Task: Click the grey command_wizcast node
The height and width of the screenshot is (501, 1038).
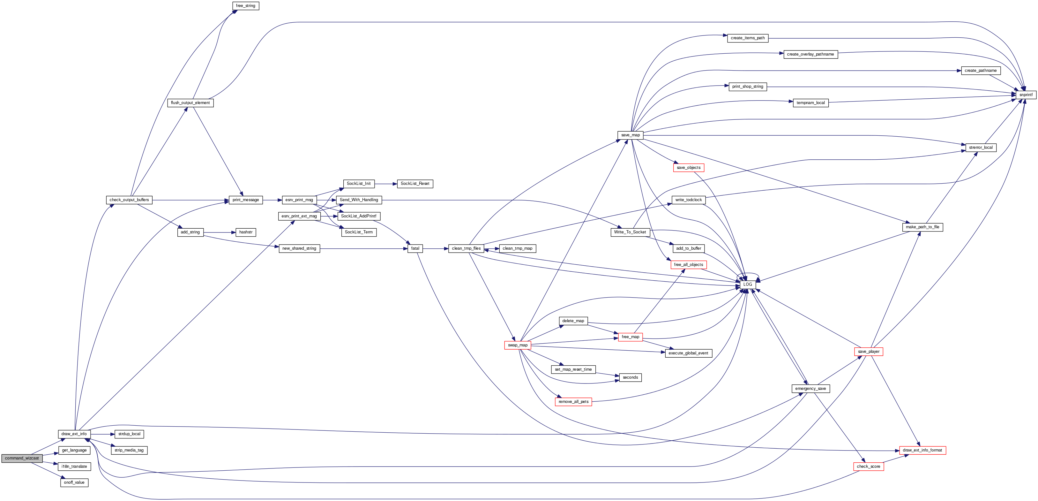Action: point(22,458)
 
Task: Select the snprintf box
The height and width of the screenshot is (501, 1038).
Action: point(1026,95)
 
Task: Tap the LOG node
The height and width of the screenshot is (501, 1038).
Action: point(748,285)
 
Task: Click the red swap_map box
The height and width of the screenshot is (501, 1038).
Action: point(517,345)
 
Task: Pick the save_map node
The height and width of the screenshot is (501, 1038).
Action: point(630,135)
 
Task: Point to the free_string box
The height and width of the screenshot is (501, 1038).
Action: point(245,6)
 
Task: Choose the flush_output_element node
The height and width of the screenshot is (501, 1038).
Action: point(190,103)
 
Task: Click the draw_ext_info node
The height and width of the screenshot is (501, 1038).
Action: point(74,434)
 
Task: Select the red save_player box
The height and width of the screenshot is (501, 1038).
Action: point(868,352)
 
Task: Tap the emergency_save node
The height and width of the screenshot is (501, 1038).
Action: point(810,389)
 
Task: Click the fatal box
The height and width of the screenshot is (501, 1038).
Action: point(415,248)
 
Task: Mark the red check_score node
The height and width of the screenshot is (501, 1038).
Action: point(868,467)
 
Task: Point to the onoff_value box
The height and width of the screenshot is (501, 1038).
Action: point(74,483)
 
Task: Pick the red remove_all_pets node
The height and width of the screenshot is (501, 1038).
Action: point(573,402)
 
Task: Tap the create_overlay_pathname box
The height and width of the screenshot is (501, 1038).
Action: point(810,55)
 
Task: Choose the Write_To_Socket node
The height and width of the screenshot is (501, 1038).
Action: point(630,232)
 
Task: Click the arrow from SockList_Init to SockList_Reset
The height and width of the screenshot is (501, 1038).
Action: point(386,184)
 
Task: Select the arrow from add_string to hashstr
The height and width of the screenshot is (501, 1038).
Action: point(220,232)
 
